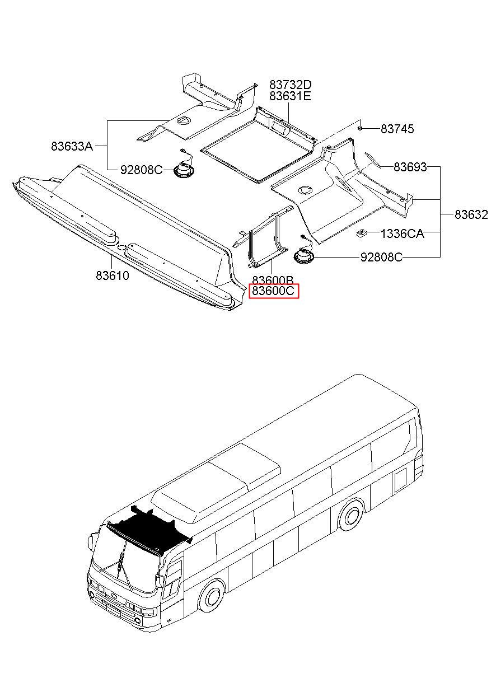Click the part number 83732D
290,85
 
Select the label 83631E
290,96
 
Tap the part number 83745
397,129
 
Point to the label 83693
410,167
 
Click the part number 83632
471,214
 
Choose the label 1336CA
402,233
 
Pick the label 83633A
72,146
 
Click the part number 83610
112,275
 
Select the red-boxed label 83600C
274,291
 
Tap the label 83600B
273,280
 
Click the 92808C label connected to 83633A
141,169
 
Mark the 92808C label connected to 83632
381,257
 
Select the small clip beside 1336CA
362,232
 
